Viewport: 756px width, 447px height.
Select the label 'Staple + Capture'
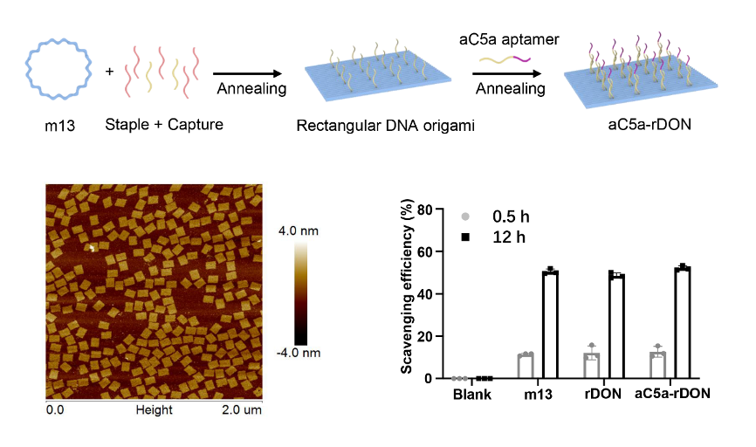(164, 125)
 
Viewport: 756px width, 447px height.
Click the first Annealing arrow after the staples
(251, 74)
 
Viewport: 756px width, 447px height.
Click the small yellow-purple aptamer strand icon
(506, 59)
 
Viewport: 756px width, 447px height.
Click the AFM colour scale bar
(301, 293)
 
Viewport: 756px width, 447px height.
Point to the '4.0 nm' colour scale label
(299, 232)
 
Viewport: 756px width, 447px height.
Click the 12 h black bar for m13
(550, 325)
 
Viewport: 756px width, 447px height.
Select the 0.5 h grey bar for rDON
(592, 366)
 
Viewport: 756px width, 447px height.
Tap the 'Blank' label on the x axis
(472, 394)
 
